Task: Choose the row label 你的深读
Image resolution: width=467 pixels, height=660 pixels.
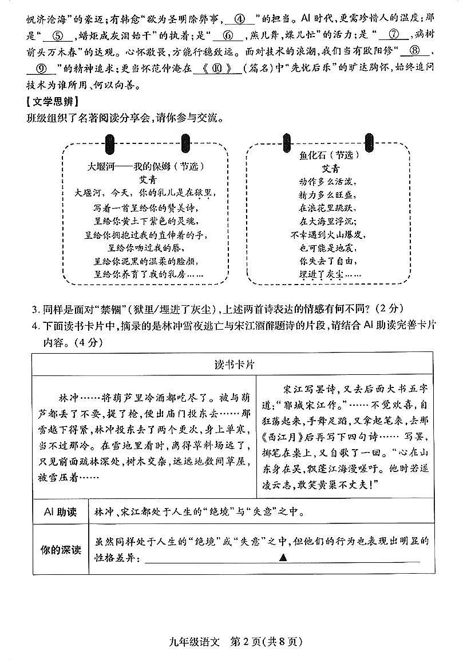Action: point(60,550)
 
